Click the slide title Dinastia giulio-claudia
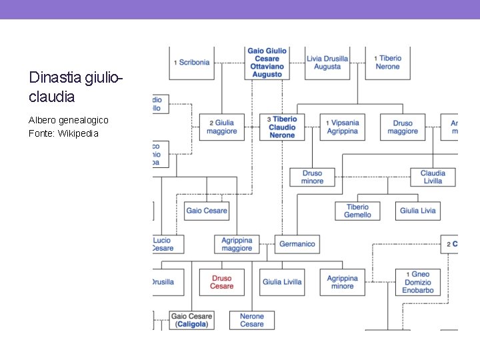click(x=76, y=87)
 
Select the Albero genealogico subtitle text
click(x=68, y=120)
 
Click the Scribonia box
click(x=192, y=62)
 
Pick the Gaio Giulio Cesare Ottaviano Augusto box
click(x=267, y=62)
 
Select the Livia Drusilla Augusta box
click(x=327, y=63)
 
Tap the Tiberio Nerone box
click(x=387, y=63)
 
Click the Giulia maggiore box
click(x=222, y=127)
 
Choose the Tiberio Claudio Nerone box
click(x=282, y=127)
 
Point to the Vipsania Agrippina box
click(x=342, y=127)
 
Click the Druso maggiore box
click(x=402, y=127)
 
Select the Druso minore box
click(x=312, y=177)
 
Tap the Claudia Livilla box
click(x=433, y=177)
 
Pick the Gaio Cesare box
click(x=207, y=211)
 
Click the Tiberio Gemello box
click(x=357, y=211)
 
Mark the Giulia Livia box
click(x=418, y=211)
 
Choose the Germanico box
click(x=297, y=244)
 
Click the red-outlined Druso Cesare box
click(x=222, y=282)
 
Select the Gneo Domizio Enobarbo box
click(x=418, y=282)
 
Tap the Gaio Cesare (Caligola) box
click(x=191, y=320)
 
